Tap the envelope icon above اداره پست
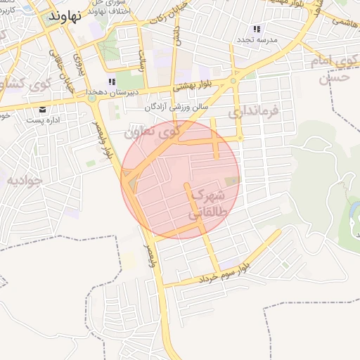44,110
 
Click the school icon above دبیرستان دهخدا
112,82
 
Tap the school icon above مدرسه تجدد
257,30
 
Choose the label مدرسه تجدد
258,40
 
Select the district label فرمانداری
254,110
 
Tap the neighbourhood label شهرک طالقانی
207,202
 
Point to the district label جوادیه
25,180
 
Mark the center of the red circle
181,180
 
